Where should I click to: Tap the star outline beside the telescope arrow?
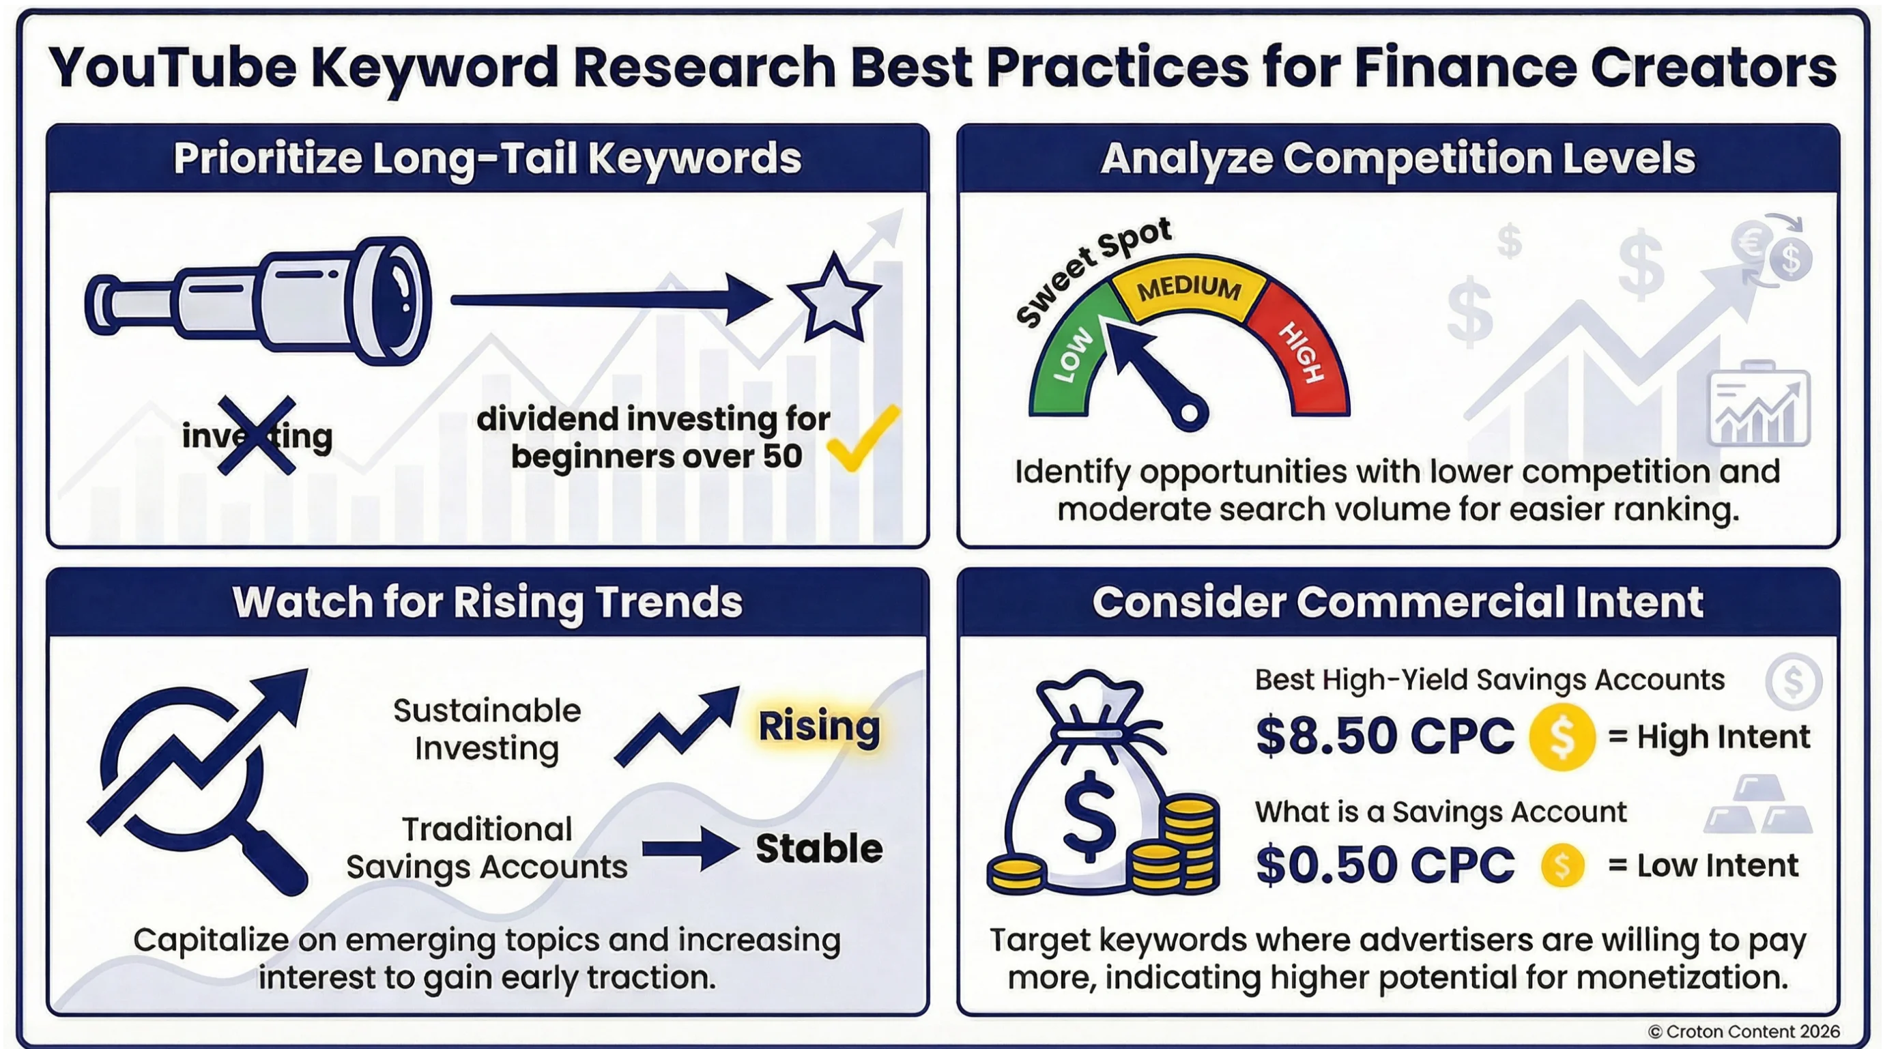833,300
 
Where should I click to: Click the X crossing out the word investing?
257,435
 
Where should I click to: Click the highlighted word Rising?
819,727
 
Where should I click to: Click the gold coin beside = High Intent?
1562,737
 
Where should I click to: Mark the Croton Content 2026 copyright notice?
1743,1031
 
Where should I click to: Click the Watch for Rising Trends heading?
487,603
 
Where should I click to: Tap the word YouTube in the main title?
173,68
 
